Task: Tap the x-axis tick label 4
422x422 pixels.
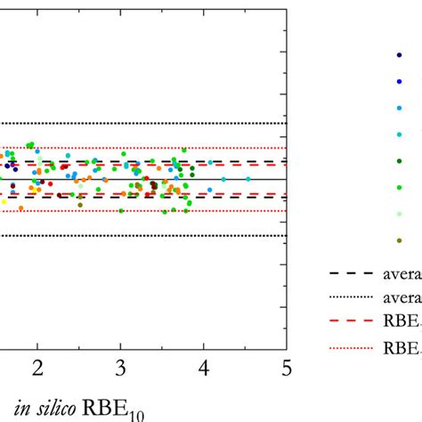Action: [x=204, y=368]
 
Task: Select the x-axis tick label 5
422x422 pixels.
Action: [x=286, y=368]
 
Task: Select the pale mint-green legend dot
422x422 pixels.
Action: [x=398, y=214]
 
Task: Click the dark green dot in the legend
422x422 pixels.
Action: [x=398, y=160]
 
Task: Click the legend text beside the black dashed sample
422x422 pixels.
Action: [x=401, y=274]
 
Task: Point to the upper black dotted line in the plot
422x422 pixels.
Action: [x=142, y=123]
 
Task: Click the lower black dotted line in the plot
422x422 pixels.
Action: [x=142, y=235]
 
